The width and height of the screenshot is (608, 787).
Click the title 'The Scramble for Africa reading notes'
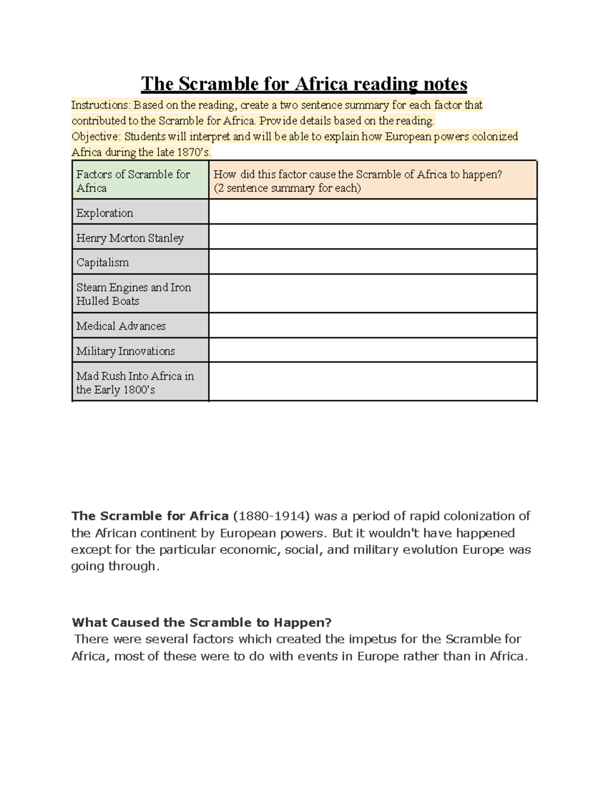[304, 84]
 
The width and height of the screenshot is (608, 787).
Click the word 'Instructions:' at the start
[101, 105]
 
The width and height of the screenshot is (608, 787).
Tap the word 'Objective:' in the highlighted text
[96, 137]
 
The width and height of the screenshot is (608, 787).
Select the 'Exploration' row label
[105, 213]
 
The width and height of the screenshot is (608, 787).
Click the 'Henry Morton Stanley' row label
[130, 238]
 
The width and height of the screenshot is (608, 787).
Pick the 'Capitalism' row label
[102, 263]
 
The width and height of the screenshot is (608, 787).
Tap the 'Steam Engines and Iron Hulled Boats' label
[133, 294]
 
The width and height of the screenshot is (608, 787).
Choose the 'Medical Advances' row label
[121, 326]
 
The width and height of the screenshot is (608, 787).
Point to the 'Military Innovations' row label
[125, 351]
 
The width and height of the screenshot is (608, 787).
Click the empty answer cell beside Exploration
[372, 212]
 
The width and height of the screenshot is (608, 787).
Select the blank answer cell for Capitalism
[372, 262]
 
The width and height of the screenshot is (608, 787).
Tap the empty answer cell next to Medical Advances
[372, 325]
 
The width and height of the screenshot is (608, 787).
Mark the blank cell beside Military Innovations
[372, 350]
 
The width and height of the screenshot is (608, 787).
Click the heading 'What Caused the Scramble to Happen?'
[202, 622]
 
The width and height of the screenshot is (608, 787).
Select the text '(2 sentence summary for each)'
[287, 189]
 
